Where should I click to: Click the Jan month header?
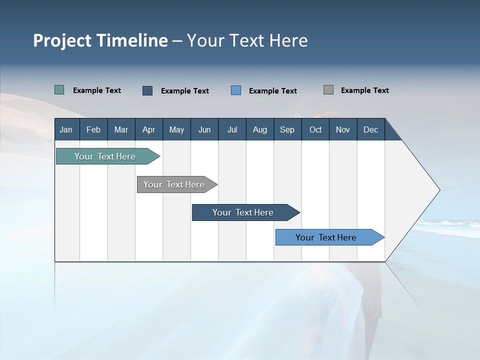click(66, 129)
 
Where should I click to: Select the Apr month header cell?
click(149, 129)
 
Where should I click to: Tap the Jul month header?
click(232, 129)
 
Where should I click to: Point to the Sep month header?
click(287, 129)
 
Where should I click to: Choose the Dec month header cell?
click(370, 129)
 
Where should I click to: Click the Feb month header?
click(93, 129)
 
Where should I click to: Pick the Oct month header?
click(315, 129)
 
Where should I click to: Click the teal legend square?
click(59, 90)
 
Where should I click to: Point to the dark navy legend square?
click(147, 90)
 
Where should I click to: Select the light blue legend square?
click(236, 90)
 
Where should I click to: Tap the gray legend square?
click(328, 90)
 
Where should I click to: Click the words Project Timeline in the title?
click(100, 40)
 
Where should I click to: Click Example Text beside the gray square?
click(364, 90)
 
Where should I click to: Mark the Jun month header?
click(204, 129)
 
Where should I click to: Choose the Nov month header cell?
click(343, 129)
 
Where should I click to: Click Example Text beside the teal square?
click(97, 90)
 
